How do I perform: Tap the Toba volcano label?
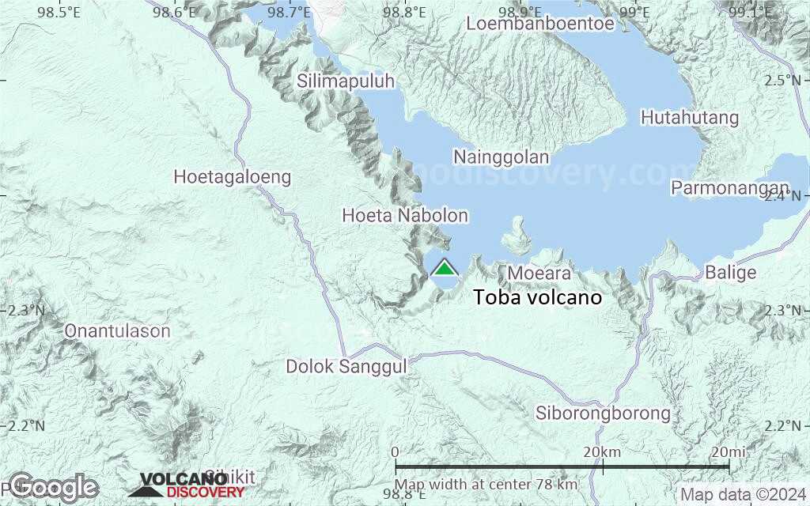tap(538, 298)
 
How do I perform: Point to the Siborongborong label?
tap(603, 413)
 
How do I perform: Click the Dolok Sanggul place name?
tap(346, 366)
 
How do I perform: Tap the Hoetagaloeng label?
tap(232, 177)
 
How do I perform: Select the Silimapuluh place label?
tap(346, 81)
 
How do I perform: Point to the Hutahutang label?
tap(690, 118)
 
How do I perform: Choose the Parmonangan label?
tap(730, 188)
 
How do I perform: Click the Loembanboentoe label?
tap(540, 24)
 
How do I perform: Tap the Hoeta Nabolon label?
tap(405, 215)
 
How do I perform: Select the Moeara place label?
tap(539, 274)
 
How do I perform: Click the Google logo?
tap(53, 486)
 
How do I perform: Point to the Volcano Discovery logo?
tap(187, 485)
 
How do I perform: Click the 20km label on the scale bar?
tap(602, 451)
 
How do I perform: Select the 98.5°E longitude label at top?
tap(59, 12)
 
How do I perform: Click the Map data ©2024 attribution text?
tap(742, 495)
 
